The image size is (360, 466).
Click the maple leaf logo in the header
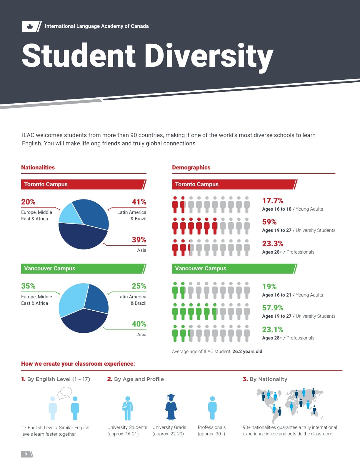pyautogui.click(x=30, y=27)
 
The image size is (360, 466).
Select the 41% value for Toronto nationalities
pyautogui.click(x=139, y=202)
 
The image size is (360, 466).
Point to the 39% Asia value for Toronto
pyautogui.click(x=139, y=240)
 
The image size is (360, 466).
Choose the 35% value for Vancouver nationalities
pyautogui.click(x=28, y=286)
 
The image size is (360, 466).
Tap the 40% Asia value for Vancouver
pyautogui.click(x=139, y=324)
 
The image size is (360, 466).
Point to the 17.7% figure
pyautogui.click(x=273, y=201)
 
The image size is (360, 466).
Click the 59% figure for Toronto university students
pyautogui.click(x=269, y=222)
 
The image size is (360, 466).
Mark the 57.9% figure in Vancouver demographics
pyautogui.click(x=273, y=308)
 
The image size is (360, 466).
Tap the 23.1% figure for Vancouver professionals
pyautogui.click(x=273, y=329)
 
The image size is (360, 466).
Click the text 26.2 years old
pyautogui.click(x=247, y=351)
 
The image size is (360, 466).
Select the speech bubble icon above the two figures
pyautogui.click(x=65, y=393)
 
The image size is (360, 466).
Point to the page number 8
pyautogui.click(x=26, y=454)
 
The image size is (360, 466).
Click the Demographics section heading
pyautogui.click(x=191, y=167)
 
